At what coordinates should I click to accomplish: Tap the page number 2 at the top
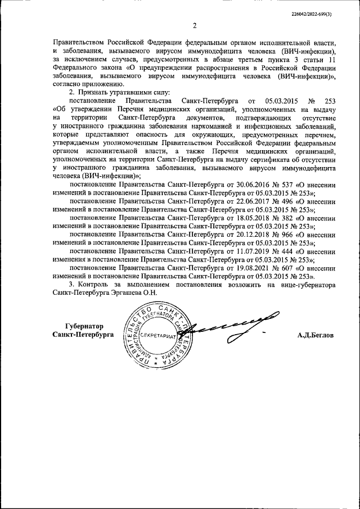193,25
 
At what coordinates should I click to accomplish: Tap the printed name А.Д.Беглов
316,335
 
